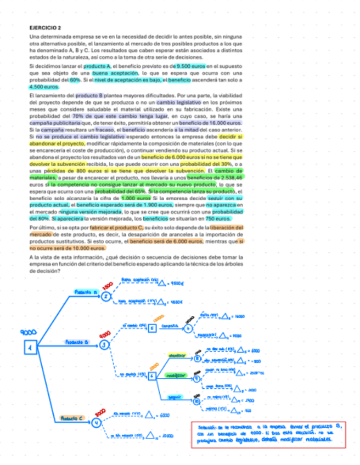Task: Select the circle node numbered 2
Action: coord(106,296)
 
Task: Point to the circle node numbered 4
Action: coord(97,422)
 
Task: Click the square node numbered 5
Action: coord(153,328)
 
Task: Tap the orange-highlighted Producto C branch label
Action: coord(72,418)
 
